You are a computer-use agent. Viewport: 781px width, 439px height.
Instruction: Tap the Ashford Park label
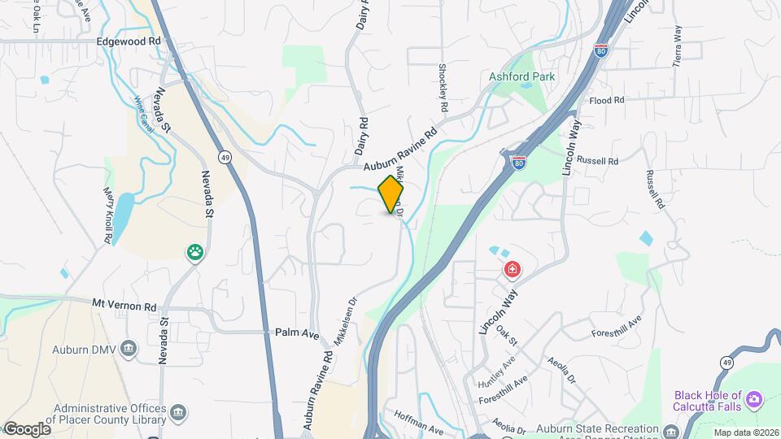coord(521,76)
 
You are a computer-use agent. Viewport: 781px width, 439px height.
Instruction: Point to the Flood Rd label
coord(606,100)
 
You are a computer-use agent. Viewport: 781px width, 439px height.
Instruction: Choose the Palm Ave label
coord(297,333)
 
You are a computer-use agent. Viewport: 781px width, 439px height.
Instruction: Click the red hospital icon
coord(513,269)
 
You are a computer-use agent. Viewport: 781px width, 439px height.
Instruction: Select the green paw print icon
coord(195,253)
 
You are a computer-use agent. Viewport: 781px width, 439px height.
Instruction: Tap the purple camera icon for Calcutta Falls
coord(754,398)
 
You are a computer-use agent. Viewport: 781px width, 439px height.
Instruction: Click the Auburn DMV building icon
coord(128,349)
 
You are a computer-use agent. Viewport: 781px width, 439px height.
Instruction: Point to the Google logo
coord(27,429)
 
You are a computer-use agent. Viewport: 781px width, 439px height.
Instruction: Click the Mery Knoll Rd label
coord(107,215)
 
